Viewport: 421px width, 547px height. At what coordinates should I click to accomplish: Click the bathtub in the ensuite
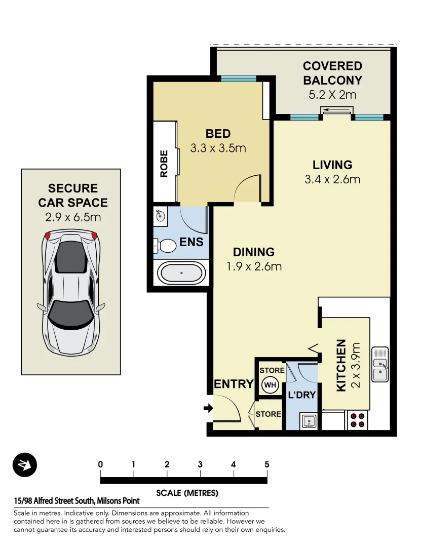pyautogui.click(x=182, y=273)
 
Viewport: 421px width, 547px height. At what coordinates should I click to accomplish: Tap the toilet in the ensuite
pyautogui.click(x=165, y=246)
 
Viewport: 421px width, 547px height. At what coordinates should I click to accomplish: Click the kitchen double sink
pyautogui.click(x=380, y=364)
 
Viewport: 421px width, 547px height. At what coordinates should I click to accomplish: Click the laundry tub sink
pyautogui.click(x=308, y=420)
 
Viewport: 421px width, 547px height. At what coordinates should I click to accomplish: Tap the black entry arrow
pyautogui.click(x=208, y=408)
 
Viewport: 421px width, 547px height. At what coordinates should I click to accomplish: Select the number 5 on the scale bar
pyautogui.click(x=266, y=464)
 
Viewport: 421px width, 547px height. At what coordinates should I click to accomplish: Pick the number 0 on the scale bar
pyautogui.click(x=100, y=464)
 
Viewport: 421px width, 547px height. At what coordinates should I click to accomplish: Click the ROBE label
pyautogui.click(x=164, y=164)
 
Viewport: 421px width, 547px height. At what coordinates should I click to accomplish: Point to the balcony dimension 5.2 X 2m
pyautogui.click(x=332, y=94)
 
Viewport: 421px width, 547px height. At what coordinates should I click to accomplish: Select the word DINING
pyautogui.click(x=254, y=252)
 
